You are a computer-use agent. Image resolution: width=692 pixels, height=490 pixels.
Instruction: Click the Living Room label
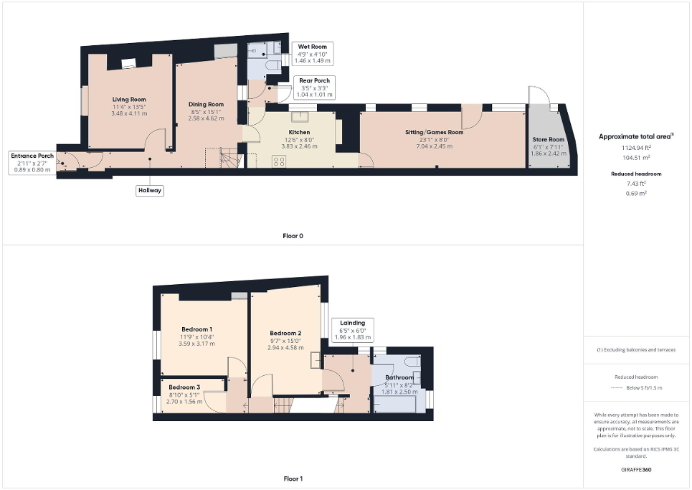(x=129, y=100)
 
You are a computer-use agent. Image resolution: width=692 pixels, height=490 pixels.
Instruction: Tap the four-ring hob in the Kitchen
(x=278, y=161)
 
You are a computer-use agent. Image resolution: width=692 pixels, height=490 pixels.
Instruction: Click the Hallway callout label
(x=150, y=190)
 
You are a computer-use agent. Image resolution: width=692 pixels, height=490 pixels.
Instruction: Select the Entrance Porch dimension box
(x=32, y=163)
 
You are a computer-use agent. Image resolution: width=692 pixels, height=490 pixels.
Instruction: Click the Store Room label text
(x=548, y=140)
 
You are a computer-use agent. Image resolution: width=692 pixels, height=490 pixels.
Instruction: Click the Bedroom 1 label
(x=196, y=329)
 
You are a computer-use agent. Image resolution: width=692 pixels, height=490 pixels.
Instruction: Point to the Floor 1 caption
(x=293, y=479)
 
